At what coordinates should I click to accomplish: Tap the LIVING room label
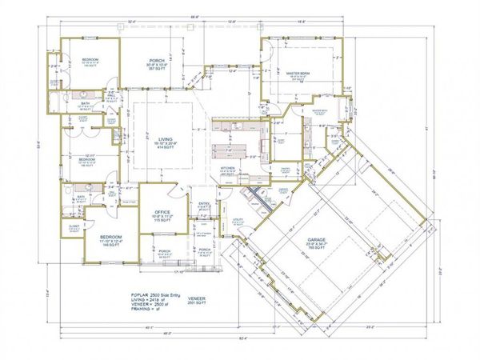pos(163,138)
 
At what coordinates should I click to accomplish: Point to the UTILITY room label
pos(237,218)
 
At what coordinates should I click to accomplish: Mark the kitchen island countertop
pos(232,150)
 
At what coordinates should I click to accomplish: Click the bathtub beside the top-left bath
pos(53,103)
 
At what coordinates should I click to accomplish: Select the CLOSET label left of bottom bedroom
pos(74,226)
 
